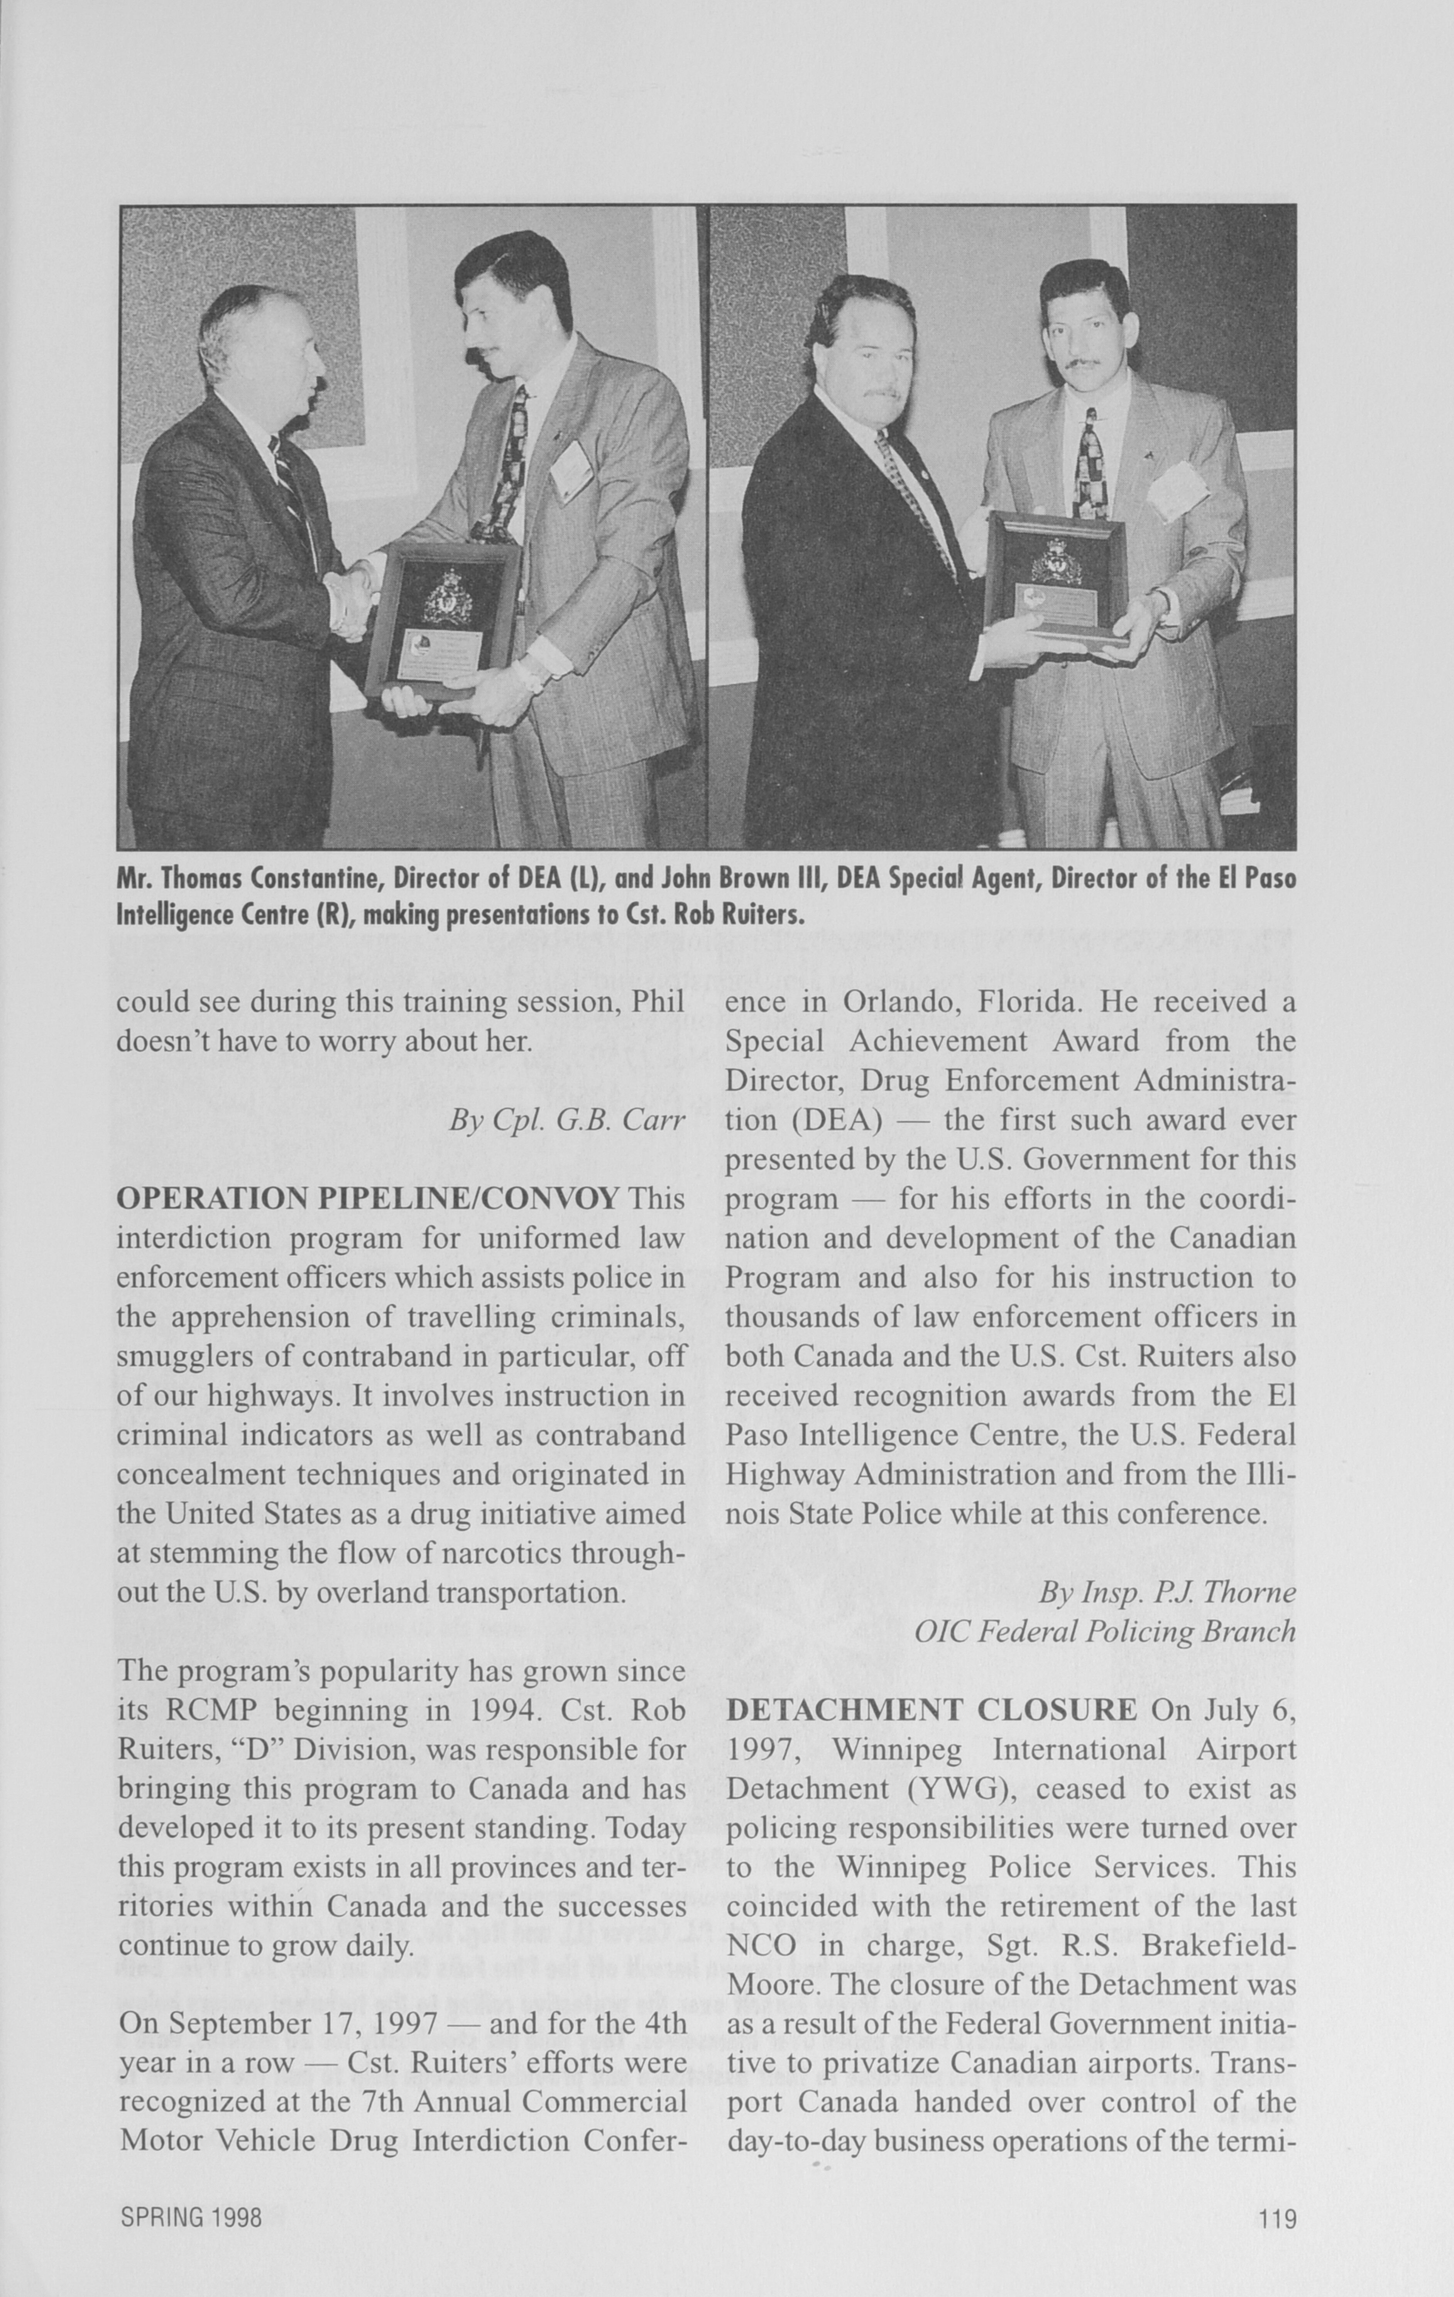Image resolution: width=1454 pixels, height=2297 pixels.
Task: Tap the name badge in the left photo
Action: pyautogui.click(x=571, y=470)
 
